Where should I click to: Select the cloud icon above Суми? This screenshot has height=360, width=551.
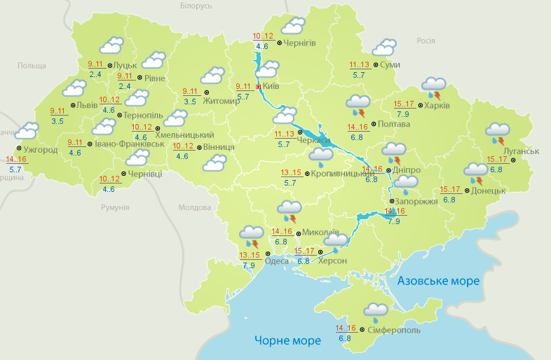(384, 48)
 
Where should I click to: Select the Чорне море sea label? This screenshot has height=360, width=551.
(287, 341)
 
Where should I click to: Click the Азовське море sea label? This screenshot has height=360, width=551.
(438, 281)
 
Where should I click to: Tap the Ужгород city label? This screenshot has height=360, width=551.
(40, 150)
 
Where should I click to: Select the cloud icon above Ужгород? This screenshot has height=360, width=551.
(27, 131)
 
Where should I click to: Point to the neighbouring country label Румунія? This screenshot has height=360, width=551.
(114, 208)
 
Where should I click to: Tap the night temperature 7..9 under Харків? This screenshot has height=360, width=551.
(403, 114)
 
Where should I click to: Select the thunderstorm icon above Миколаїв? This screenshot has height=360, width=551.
(289, 209)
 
